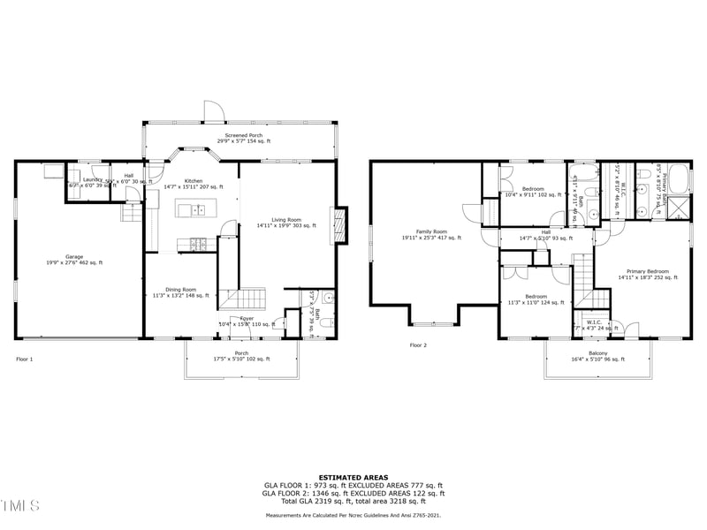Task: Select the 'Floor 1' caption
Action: [25, 359]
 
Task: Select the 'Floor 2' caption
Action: [418, 345]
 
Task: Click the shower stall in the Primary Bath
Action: [678, 208]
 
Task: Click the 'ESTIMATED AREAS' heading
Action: [353, 477]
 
